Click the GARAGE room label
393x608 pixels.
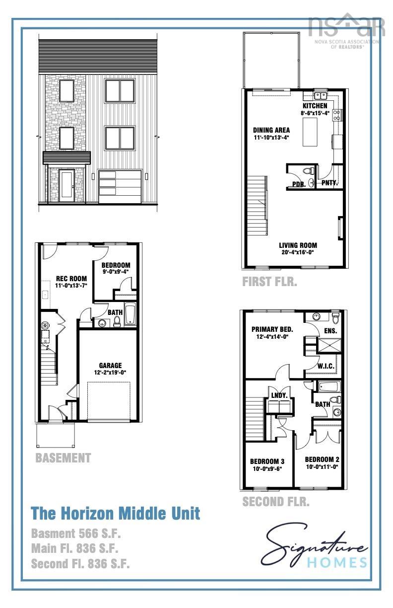pos(110,366)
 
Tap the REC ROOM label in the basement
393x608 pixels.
pos(71,278)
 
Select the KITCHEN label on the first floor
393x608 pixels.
pos(315,106)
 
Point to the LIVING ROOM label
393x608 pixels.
pos(298,245)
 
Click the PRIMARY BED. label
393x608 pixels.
pos(272,329)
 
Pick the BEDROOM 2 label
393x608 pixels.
pos(322,459)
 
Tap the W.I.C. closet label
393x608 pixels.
pos(326,366)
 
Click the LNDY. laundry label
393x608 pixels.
pos(278,395)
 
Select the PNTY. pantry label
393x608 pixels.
pos(329,183)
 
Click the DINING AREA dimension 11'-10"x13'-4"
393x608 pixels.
pos(271,138)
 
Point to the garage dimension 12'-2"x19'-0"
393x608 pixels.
pos(110,373)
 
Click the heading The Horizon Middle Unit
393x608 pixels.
pos(116,513)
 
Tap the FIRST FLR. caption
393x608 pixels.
pos(269,282)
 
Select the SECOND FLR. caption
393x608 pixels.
pos(275,502)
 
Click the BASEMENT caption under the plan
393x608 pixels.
pos(63,457)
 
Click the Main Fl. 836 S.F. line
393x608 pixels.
pos(74,548)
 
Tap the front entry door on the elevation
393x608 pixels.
pos(66,185)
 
